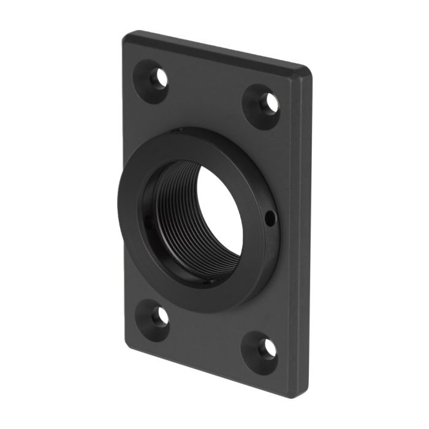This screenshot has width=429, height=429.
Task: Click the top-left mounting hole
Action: pos(161,78)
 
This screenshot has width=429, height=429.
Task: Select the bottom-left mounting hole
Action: pos(161,316)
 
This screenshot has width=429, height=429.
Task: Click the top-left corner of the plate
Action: pos(127,36)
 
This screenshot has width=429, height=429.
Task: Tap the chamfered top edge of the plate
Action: pos(214,49)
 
